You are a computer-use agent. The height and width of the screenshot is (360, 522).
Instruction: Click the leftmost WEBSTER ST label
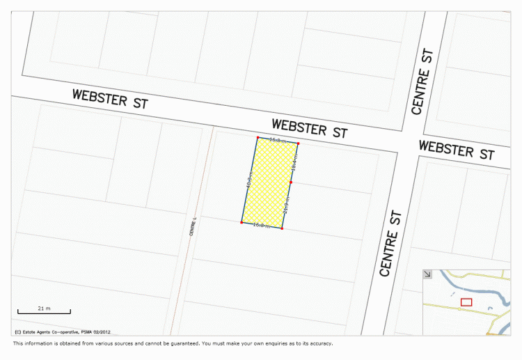pyautogui.click(x=111, y=98)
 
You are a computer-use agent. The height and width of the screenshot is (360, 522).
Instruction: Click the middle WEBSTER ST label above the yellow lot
pyautogui.click(x=309, y=128)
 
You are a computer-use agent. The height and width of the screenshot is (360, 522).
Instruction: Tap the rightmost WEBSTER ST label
pyautogui.click(x=457, y=150)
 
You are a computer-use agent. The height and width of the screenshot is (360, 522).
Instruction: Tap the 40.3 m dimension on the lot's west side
pyautogui.click(x=248, y=180)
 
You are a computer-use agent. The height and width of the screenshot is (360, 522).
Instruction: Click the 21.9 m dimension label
pyautogui.click(x=286, y=205)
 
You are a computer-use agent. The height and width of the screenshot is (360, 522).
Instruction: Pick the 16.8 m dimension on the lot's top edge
pyautogui.click(x=277, y=141)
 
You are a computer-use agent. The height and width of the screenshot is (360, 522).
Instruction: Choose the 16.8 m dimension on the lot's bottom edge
pyautogui.click(x=261, y=225)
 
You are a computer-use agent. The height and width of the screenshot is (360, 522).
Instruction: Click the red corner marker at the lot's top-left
pyautogui.click(x=258, y=137)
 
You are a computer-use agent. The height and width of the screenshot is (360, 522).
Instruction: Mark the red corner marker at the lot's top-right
pyautogui.click(x=298, y=144)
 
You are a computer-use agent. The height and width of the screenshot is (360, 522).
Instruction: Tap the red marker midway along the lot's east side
pyautogui.click(x=291, y=182)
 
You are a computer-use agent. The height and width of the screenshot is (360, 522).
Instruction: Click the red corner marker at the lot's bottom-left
pyautogui.click(x=242, y=222)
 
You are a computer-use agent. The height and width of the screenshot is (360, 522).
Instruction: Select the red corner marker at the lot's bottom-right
pyautogui.click(x=282, y=228)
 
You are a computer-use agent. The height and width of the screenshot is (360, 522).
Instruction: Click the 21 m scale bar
pyautogui.click(x=44, y=310)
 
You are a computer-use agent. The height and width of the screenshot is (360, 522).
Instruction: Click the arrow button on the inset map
pyautogui.click(x=427, y=274)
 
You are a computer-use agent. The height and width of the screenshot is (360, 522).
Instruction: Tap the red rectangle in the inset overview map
pyautogui.click(x=466, y=302)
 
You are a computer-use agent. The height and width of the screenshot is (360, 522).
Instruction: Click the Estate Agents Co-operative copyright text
pyautogui.click(x=63, y=331)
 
